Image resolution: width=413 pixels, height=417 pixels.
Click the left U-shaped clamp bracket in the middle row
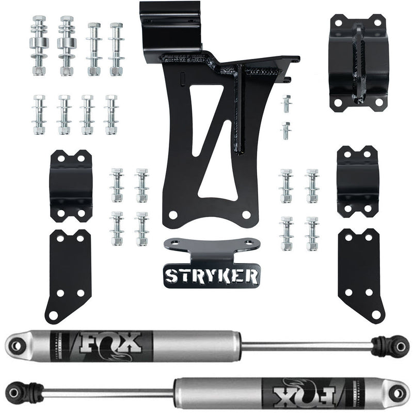tap(67, 185)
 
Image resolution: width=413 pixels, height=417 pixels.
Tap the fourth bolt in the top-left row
tap(116, 49)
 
